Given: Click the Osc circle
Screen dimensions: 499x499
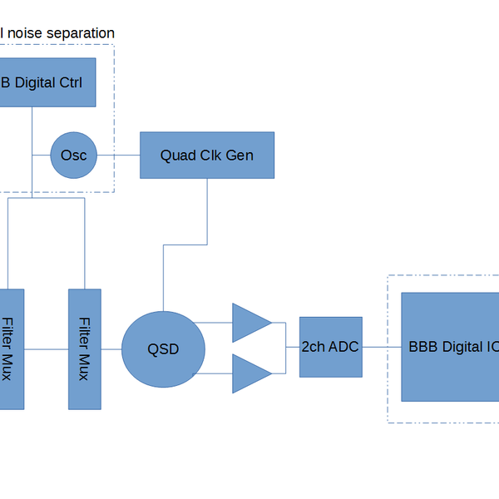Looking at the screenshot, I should pos(74,156).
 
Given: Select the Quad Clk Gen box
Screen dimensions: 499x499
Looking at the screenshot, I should pos(207,155).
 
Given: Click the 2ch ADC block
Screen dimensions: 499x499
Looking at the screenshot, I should pos(330,347).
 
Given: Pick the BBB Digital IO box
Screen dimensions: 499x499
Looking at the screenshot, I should pos(450,347).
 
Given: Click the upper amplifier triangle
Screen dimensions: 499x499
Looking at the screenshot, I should pos(249,323).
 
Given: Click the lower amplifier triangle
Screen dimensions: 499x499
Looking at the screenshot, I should pos(249,373).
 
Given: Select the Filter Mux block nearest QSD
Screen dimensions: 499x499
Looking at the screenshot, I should pos(84,349).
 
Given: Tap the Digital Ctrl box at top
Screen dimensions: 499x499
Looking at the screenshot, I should pos(46,82).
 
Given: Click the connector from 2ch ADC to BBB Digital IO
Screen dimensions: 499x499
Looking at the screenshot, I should pos(382,347).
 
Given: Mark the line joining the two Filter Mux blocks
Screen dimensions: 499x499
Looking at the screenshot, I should pos(46,349).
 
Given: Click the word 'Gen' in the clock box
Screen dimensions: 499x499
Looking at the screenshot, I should pos(240,156).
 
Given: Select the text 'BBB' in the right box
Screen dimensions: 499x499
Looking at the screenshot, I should pos(423,347).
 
